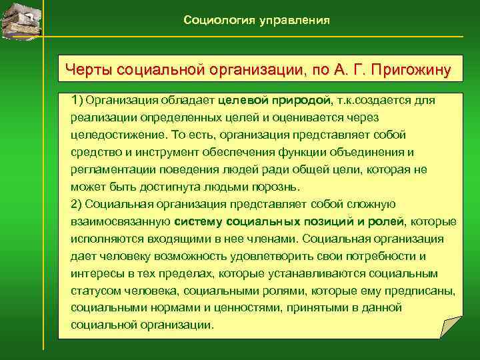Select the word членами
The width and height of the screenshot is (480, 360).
point(273,239)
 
